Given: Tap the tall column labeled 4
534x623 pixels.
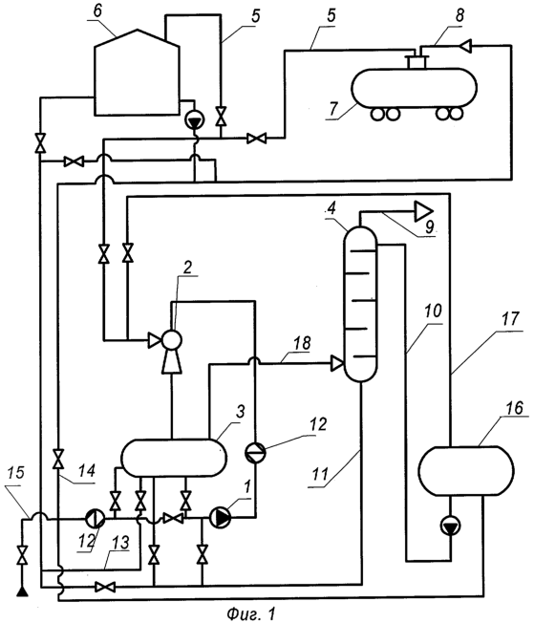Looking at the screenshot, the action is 360,304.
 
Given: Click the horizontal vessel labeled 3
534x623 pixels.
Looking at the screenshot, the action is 174,458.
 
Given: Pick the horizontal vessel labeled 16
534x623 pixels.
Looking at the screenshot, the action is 466,471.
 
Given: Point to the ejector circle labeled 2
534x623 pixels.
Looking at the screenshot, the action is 171,340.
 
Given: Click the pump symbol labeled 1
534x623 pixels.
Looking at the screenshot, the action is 220,518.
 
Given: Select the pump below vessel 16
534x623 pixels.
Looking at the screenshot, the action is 451,526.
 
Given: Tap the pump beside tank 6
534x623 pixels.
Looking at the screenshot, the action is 195,119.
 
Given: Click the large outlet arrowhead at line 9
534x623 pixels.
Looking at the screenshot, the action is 424,211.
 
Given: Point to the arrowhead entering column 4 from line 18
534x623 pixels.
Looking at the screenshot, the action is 337,363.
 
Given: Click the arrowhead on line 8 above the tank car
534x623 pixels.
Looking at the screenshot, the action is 465,46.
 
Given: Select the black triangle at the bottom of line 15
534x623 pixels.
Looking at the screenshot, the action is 22,592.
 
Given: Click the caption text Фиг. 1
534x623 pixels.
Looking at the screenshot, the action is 250,613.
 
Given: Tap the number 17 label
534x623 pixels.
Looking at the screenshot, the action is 510,319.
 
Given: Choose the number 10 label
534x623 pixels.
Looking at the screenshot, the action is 433,311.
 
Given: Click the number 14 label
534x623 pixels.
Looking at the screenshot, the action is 86,471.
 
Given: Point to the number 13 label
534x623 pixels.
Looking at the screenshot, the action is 120,543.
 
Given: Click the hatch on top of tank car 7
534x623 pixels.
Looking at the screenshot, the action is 417,62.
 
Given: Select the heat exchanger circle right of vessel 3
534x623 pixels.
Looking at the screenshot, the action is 255,453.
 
